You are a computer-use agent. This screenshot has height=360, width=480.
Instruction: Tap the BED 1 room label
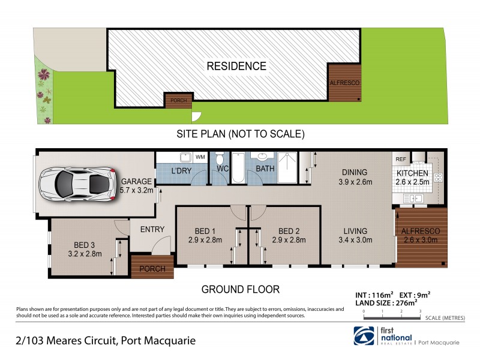205,231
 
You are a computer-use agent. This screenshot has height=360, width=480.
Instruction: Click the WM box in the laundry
199,158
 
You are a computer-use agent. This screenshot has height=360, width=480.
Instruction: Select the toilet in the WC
220,160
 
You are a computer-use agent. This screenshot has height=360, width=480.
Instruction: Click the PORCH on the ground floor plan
152,268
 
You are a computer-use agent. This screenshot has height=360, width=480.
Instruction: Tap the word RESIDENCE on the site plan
236,66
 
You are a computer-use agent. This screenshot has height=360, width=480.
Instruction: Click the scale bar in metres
392,316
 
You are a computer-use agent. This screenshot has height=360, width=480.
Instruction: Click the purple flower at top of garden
44,75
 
